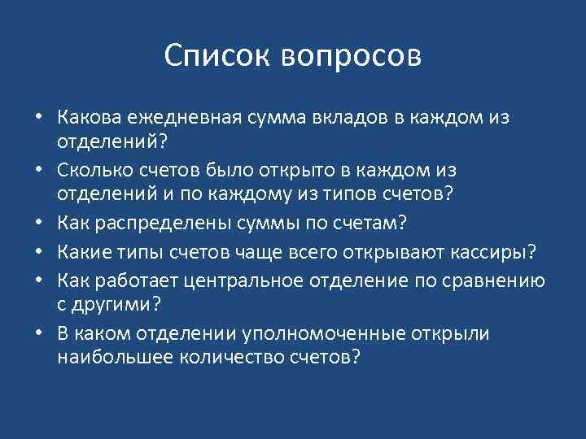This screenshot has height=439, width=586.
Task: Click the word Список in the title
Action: point(217,57)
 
